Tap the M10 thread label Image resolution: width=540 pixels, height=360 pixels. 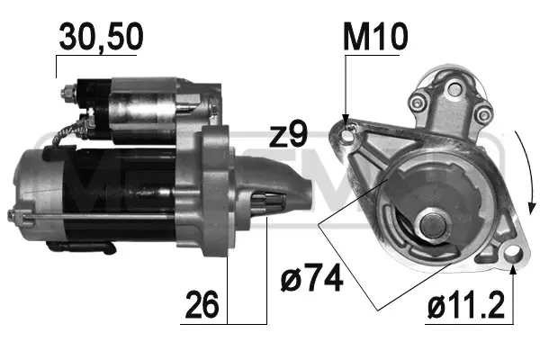376,38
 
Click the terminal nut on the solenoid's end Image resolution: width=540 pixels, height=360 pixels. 69,94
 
